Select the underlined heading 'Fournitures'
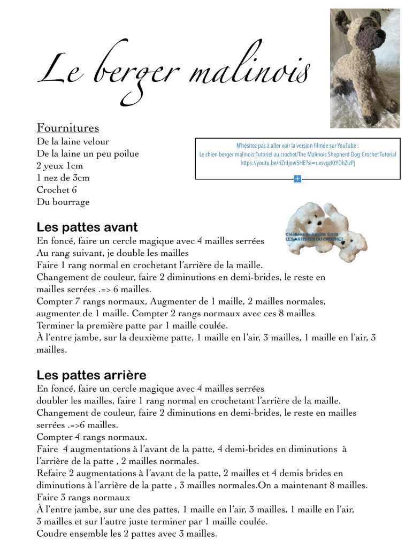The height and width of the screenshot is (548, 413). (68, 128)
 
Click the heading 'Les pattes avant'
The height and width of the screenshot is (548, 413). (87, 227)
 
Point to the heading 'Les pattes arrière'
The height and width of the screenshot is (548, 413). (91, 374)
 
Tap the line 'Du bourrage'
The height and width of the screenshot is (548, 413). (63, 202)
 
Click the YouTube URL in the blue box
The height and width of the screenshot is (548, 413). (297, 163)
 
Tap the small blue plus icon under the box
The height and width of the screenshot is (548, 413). (297, 179)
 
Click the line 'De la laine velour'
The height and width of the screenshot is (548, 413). (73, 142)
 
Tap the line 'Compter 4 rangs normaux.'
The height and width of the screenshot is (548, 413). (91, 437)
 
